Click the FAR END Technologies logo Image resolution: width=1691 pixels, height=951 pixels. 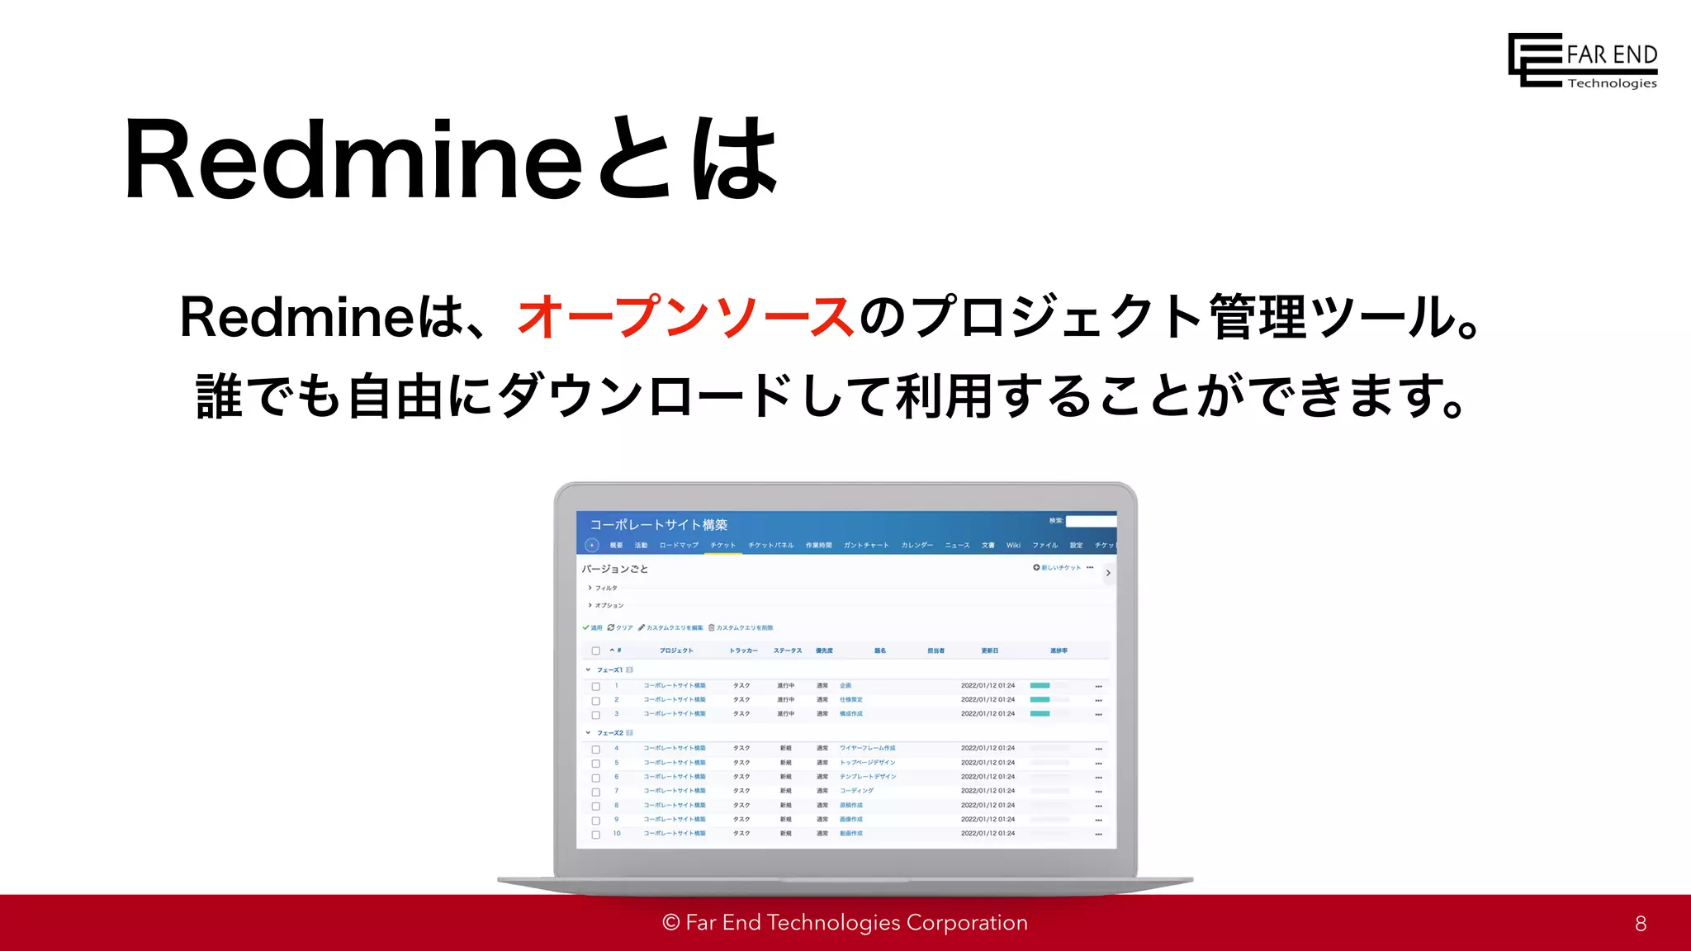[x=1582, y=60]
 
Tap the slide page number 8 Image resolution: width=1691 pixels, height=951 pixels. [x=1640, y=924]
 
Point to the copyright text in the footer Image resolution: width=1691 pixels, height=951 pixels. [x=845, y=922]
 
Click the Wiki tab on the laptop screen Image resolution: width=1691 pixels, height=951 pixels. [x=1013, y=546]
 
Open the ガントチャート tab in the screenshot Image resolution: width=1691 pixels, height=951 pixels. [x=866, y=546]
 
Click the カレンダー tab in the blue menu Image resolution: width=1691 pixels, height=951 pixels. [x=917, y=546]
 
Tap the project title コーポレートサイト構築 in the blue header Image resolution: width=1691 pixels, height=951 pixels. [x=658, y=525]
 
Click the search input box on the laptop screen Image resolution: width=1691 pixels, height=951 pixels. [x=1090, y=521]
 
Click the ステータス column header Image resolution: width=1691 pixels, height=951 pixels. [x=787, y=651]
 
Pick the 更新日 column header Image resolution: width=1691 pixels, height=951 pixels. [x=989, y=651]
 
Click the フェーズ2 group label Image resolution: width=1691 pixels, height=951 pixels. [x=609, y=733]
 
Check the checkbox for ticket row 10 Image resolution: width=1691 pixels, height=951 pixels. [x=595, y=835]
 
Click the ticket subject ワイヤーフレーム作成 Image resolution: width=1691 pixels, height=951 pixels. [x=867, y=749]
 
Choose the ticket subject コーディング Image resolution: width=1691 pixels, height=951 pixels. [x=856, y=791]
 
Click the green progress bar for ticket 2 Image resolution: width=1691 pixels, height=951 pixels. [x=1040, y=700]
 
